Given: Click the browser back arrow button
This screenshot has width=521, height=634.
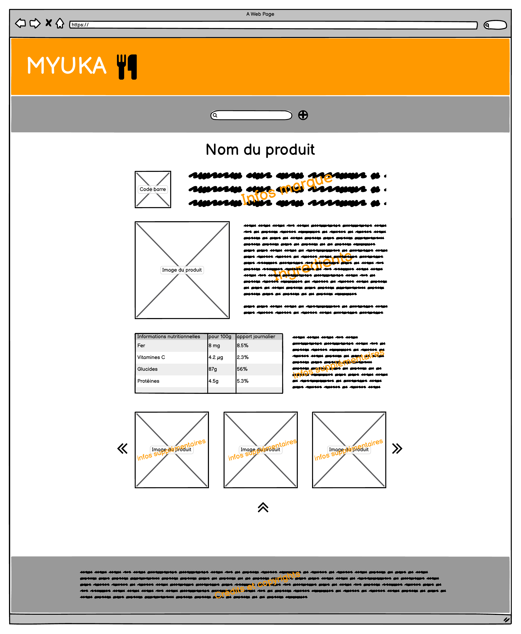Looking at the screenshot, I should click(x=20, y=23).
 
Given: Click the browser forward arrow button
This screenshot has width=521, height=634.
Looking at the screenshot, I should click(x=35, y=23).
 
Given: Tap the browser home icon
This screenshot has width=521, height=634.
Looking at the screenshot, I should click(x=60, y=23).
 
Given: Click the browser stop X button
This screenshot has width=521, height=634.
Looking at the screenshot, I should click(x=48, y=23).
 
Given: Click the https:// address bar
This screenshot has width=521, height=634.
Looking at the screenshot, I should click(x=273, y=25).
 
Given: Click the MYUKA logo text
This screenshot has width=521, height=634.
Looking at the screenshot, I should click(x=67, y=66).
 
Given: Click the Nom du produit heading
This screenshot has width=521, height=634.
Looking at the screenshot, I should click(x=260, y=150).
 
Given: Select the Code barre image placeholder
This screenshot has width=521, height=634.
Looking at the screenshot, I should click(x=153, y=189).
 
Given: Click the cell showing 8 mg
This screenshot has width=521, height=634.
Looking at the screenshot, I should click(x=214, y=346).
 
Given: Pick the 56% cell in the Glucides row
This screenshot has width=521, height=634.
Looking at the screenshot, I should click(x=242, y=369).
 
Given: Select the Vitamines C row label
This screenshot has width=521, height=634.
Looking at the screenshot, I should click(x=151, y=357).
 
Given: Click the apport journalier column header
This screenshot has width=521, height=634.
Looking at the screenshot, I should click(x=256, y=337).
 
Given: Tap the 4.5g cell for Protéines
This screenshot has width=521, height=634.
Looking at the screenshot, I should click(x=214, y=381).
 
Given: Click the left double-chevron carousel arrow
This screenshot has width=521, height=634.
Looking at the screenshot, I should click(x=122, y=449).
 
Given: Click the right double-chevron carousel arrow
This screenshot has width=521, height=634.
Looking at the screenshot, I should click(x=397, y=449).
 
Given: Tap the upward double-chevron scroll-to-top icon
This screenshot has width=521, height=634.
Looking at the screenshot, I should click(x=263, y=507).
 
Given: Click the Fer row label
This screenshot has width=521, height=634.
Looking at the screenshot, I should click(x=141, y=346).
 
